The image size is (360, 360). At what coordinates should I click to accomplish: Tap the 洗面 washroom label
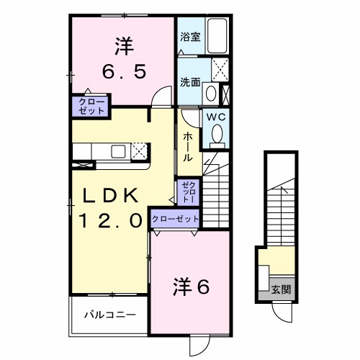190,82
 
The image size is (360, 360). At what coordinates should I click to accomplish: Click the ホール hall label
187,146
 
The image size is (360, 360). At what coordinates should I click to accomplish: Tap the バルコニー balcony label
108,315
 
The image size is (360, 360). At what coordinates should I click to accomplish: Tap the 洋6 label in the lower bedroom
190,287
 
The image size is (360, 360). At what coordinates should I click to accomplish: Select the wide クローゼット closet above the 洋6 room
176,219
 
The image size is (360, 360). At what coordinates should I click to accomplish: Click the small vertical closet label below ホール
186,191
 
